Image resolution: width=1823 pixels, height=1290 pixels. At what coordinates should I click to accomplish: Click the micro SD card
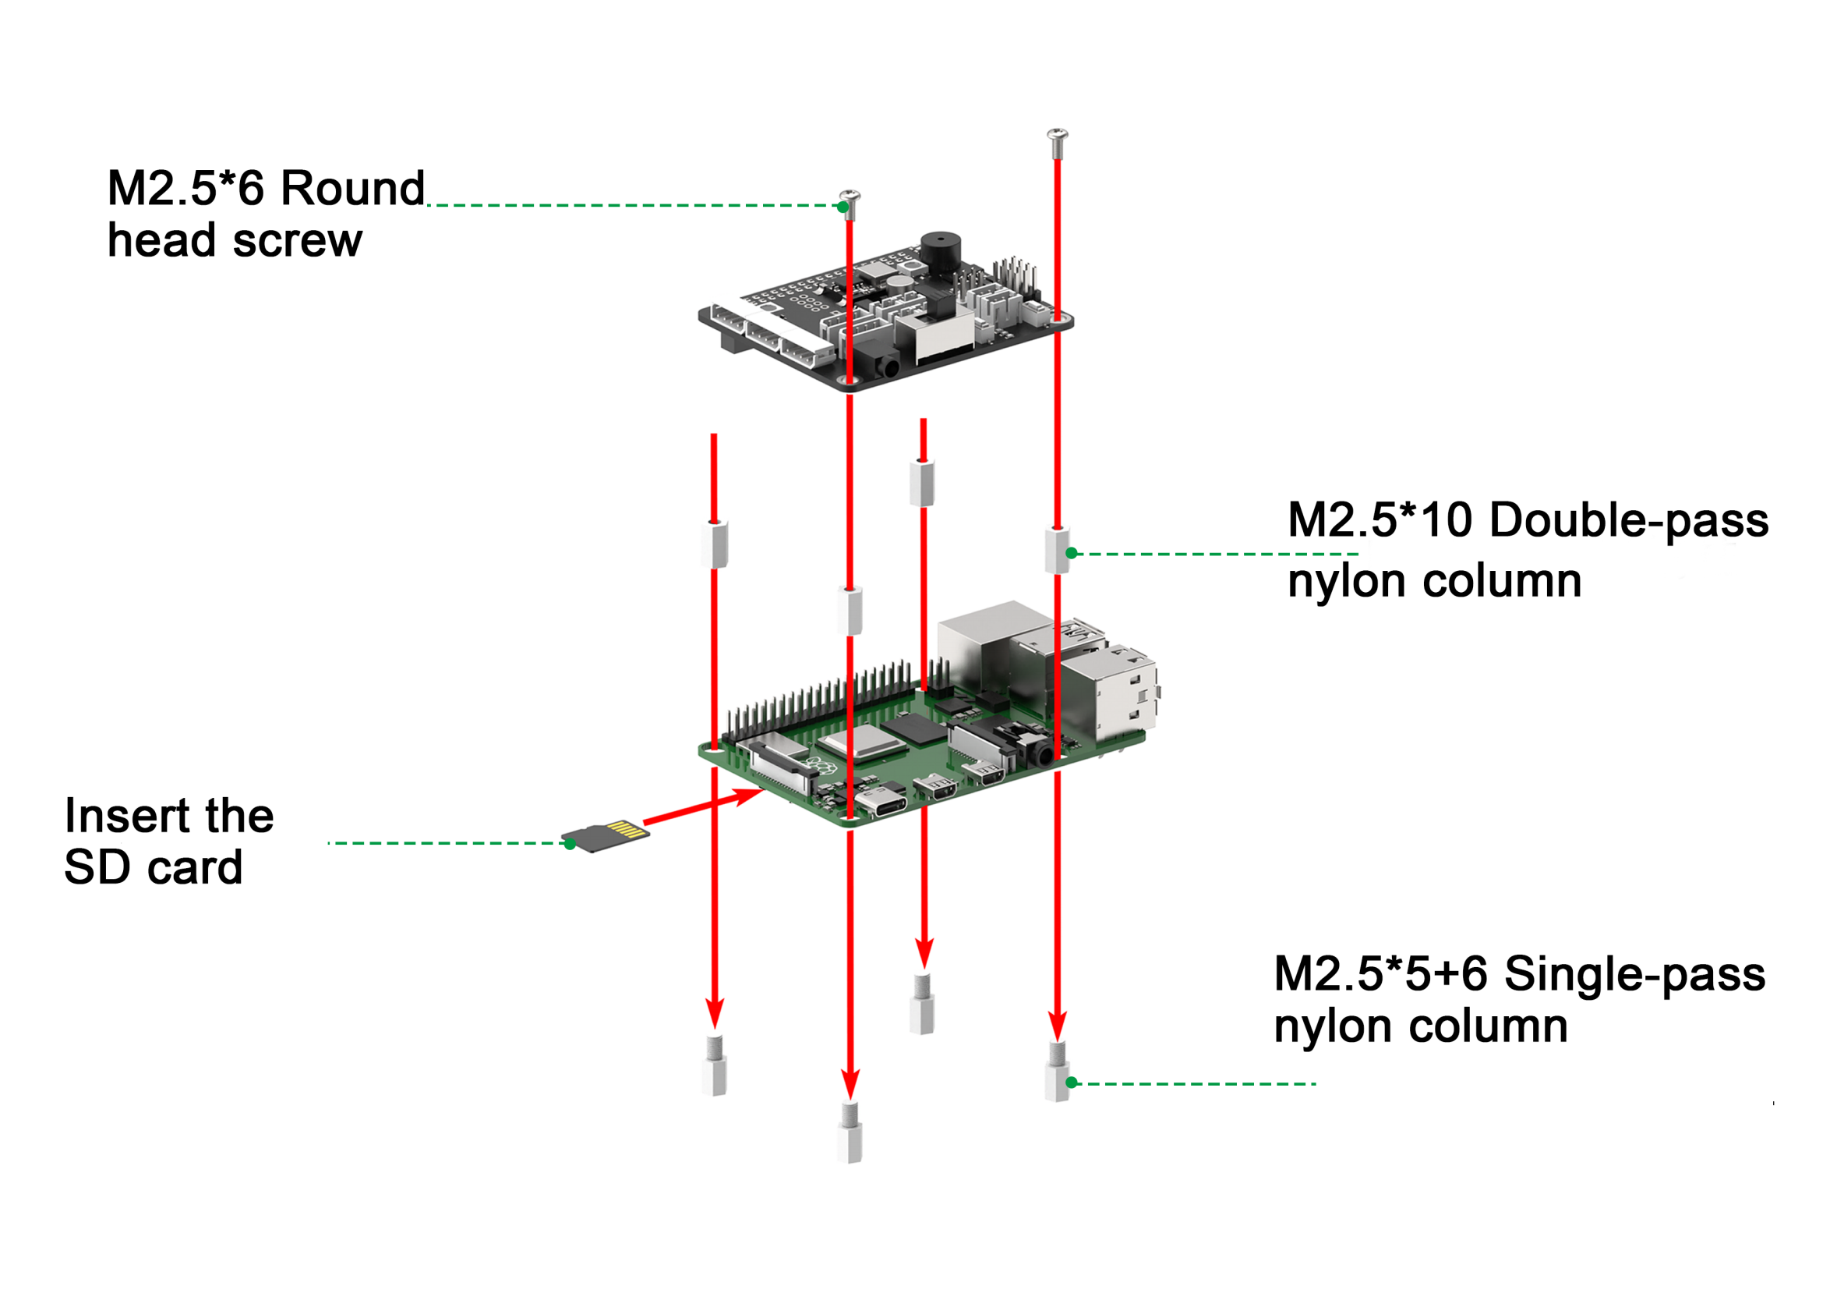click(605, 835)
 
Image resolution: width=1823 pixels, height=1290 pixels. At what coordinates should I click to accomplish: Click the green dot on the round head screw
click(843, 207)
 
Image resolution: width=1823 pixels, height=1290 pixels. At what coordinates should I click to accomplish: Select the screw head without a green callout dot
click(1057, 135)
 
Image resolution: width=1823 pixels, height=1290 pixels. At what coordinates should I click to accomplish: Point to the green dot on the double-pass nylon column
click(1071, 553)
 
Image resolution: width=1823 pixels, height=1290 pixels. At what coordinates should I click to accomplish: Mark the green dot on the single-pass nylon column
click(1071, 1082)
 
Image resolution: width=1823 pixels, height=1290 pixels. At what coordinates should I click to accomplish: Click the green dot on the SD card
click(569, 844)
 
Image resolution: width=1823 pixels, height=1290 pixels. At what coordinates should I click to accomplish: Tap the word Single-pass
click(1635, 974)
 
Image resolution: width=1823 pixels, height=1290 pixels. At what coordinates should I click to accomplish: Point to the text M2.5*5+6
click(1381, 974)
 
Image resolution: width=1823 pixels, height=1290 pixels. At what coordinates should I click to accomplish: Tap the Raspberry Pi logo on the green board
click(817, 767)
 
